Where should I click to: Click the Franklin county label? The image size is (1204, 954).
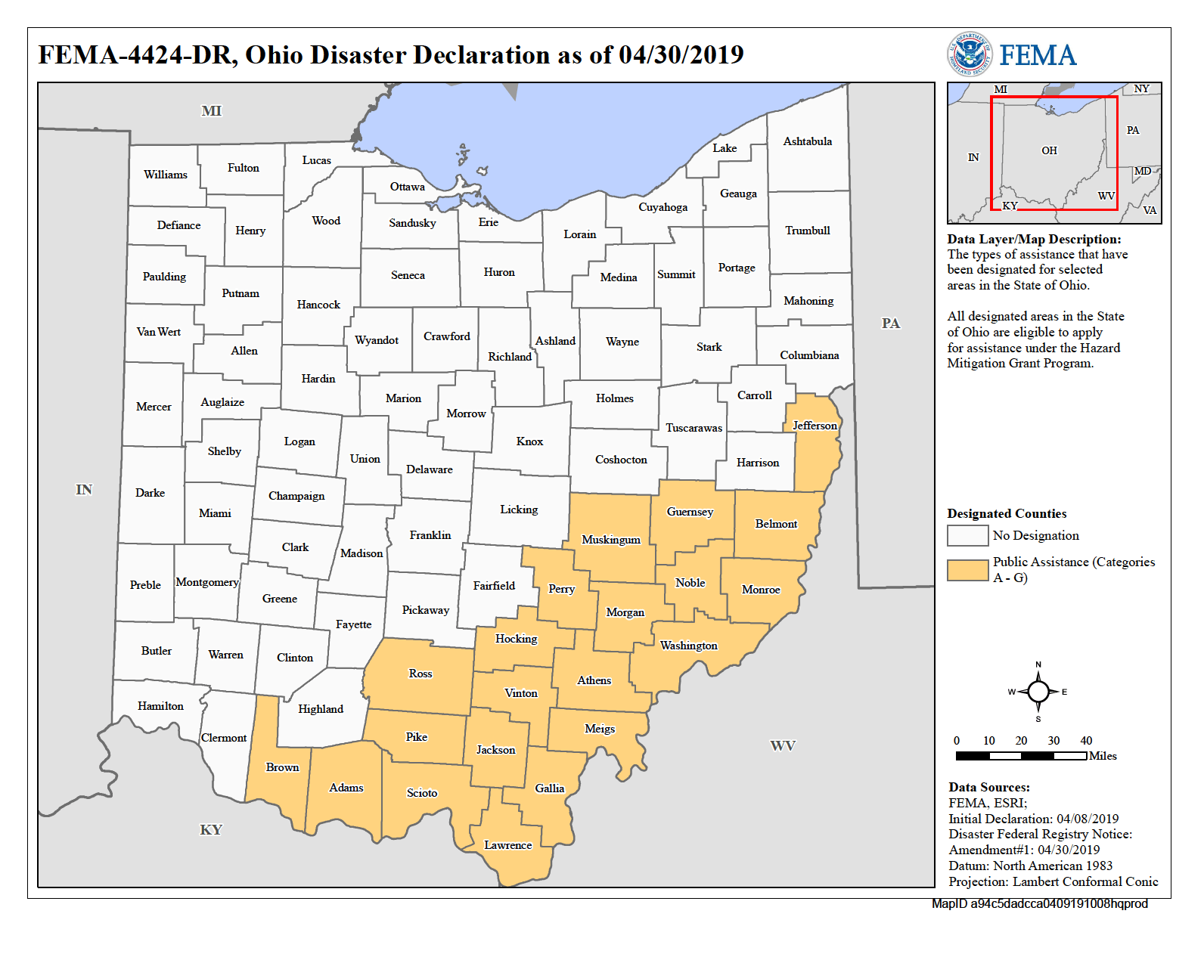click(x=430, y=535)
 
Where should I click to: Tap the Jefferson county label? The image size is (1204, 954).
click(x=815, y=426)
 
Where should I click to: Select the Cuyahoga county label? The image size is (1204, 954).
click(x=663, y=207)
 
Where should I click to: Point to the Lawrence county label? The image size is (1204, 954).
click(x=507, y=845)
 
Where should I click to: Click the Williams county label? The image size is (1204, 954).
click(x=166, y=175)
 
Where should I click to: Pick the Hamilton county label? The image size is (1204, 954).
click(x=160, y=706)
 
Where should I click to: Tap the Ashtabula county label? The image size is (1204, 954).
click(x=807, y=141)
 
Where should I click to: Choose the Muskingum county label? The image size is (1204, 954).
click(x=610, y=540)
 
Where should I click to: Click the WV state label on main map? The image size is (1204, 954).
click(x=782, y=746)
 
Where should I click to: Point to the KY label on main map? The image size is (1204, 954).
click(x=210, y=830)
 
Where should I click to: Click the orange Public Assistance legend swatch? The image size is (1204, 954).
click(x=967, y=570)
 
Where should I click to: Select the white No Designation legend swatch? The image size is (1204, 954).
click(x=967, y=535)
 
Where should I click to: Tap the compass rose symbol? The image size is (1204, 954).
click(x=1038, y=691)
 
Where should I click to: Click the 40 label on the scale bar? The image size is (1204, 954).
click(x=1086, y=741)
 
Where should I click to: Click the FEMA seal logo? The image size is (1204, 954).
click(x=969, y=55)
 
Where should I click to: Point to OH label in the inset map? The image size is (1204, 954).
click(x=1049, y=150)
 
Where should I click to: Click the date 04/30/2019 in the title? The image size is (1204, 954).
click(x=681, y=54)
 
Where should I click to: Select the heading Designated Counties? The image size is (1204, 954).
click(x=1007, y=514)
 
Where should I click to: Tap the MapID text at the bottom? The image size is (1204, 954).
click(x=1039, y=903)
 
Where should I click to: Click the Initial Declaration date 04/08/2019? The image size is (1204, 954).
click(x=1087, y=819)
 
